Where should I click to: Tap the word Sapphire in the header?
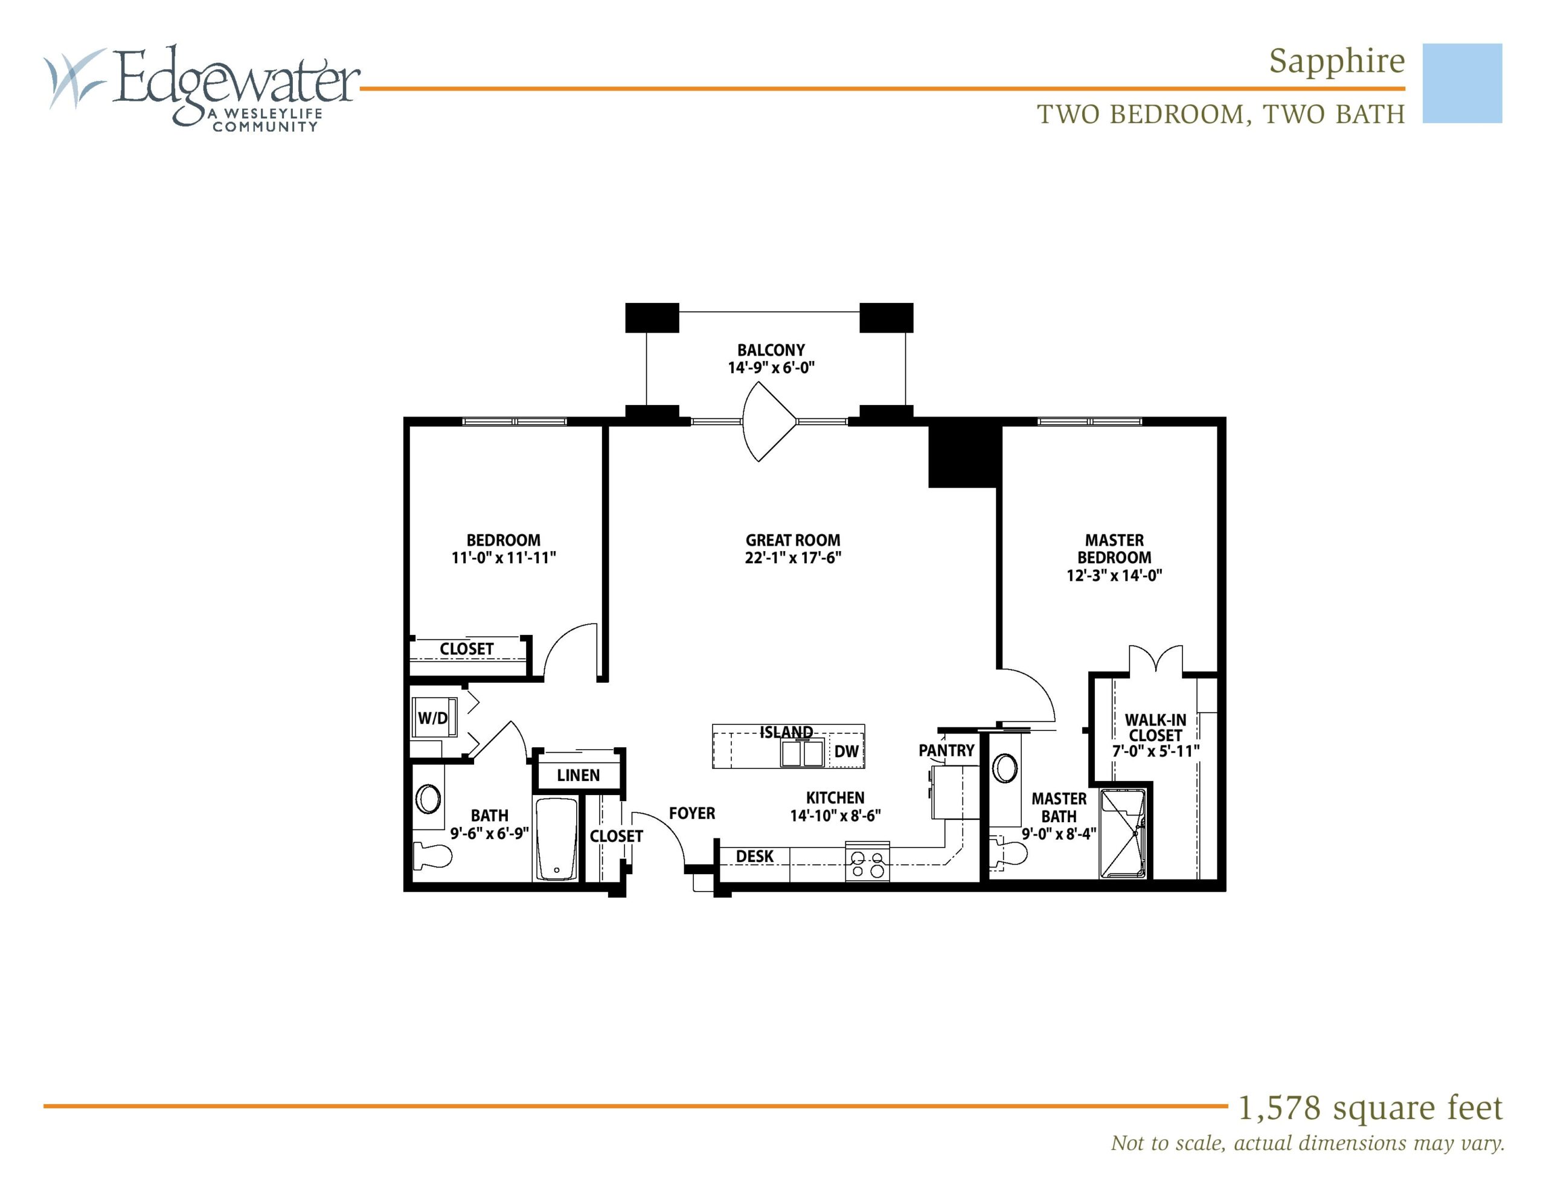coord(1336,62)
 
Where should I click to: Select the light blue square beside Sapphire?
coord(1462,83)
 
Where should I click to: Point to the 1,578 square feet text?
coord(1370,1108)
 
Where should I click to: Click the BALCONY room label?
coord(771,350)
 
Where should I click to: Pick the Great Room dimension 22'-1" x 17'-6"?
coord(793,558)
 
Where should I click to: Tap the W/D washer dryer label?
coord(432,718)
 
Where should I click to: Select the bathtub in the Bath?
coord(557,840)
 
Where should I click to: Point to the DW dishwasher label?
coord(846,752)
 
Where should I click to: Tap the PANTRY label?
coord(946,750)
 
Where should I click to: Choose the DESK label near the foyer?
coord(755,857)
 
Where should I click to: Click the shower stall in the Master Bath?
coord(1123,834)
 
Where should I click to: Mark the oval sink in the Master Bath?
coord(1005,768)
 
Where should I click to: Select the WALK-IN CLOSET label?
coord(1155,727)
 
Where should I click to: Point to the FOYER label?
coord(691,813)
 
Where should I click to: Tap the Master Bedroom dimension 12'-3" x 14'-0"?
coord(1114,575)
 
